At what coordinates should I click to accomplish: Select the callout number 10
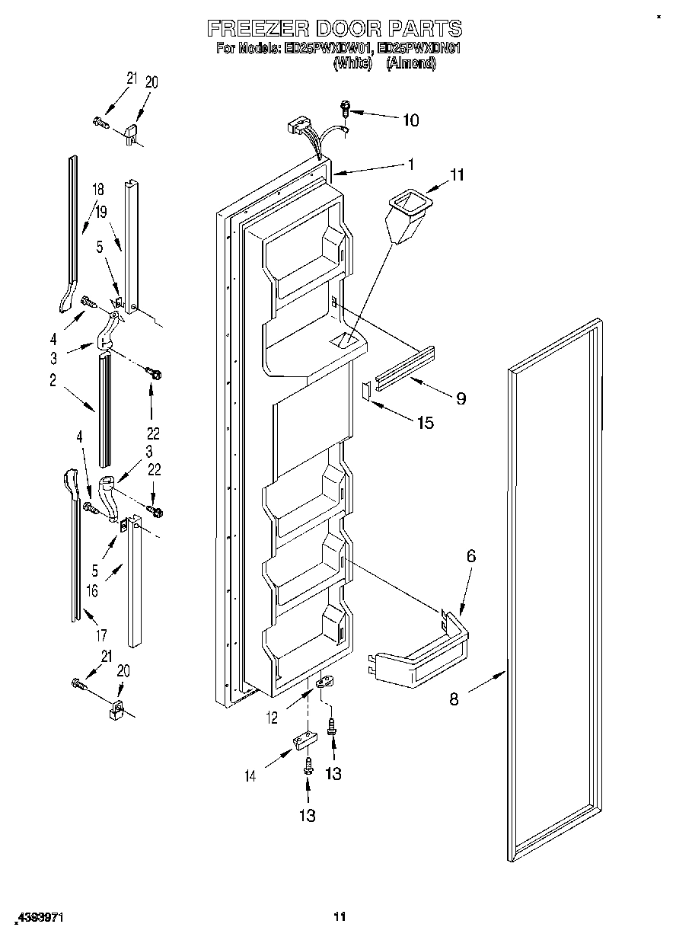(x=410, y=120)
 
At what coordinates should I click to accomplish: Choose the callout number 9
(x=461, y=398)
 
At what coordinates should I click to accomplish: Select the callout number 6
(x=471, y=556)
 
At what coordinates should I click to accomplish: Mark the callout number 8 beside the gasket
(x=454, y=699)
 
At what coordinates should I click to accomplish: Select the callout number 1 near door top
(x=410, y=163)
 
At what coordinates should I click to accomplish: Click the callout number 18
(x=98, y=190)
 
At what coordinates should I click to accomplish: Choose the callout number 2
(x=53, y=382)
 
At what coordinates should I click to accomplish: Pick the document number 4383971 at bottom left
(x=38, y=919)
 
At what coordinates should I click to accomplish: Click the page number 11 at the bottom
(x=340, y=916)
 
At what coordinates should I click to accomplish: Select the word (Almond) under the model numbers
(x=411, y=65)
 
